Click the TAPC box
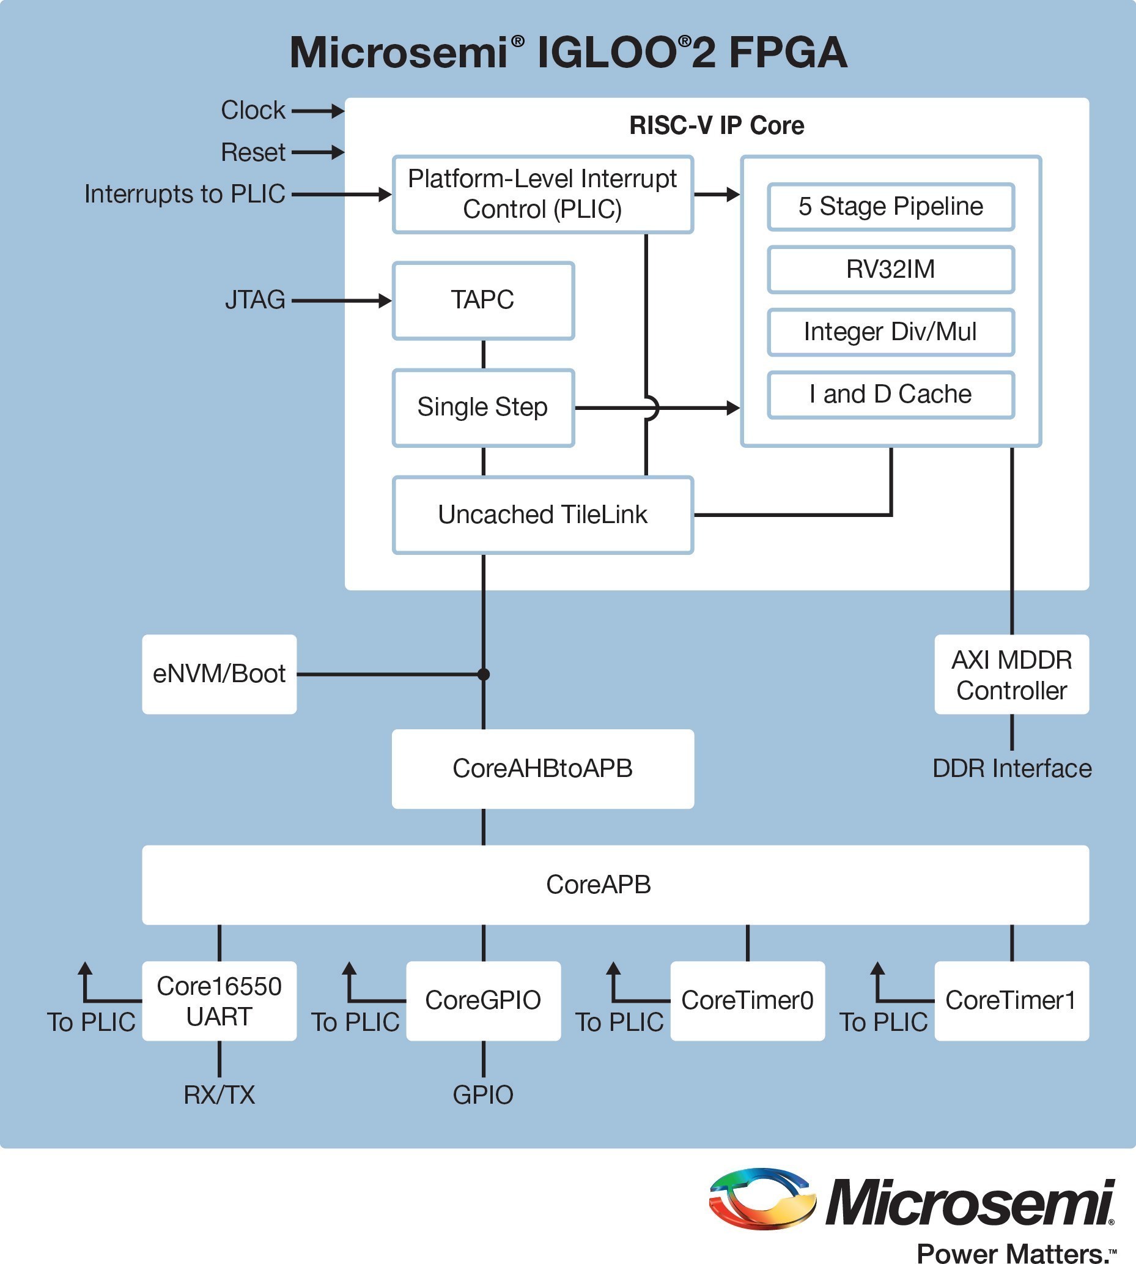click(x=483, y=300)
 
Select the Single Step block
click(x=483, y=408)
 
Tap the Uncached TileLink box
click(x=542, y=515)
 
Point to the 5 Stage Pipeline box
click(x=891, y=207)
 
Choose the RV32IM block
click(x=891, y=270)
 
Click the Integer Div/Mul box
click(x=891, y=332)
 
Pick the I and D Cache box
click(x=891, y=395)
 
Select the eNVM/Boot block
click(x=219, y=674)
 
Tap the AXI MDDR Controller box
click(x=1011, y=674)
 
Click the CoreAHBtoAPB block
click(x=542, y=769)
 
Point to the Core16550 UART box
click(x=219, y=1001)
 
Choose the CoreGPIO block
click(x=483, y=1001)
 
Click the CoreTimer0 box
click(x=747, y=1001)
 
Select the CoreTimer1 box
click(x=1011, y=1001)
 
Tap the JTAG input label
click(x=255, y=300)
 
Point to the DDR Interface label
click(x=1012, y=769)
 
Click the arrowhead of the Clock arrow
click(x=337, y=111)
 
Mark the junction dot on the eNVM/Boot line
click(x=483, y=674)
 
